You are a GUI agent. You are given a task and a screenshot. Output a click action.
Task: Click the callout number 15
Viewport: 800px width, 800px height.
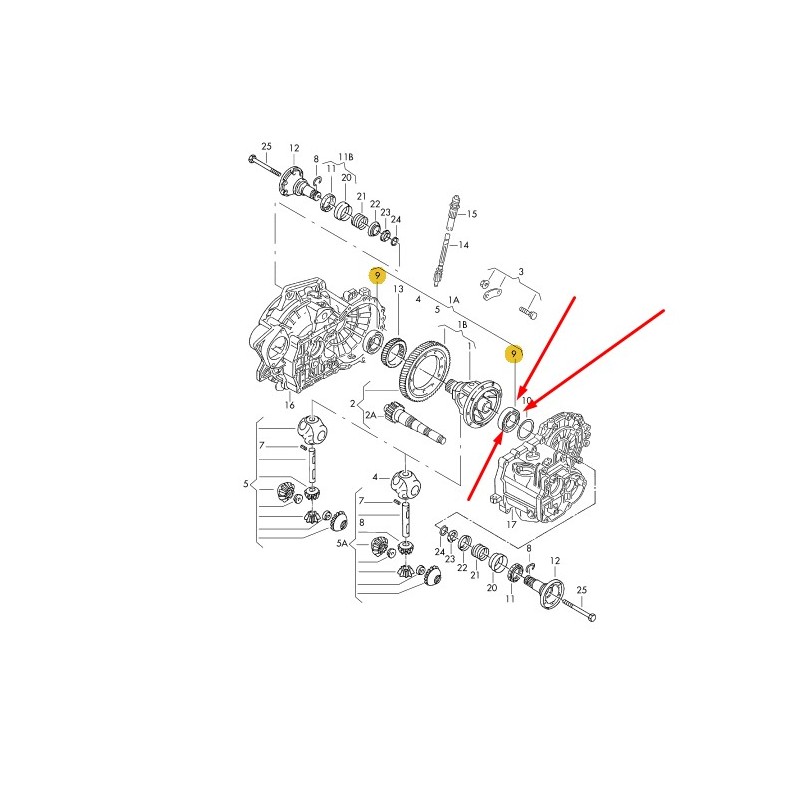471,214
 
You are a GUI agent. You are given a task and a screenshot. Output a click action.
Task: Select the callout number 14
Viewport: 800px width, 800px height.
463,245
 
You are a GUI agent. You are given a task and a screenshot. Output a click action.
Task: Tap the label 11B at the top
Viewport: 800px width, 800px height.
346,157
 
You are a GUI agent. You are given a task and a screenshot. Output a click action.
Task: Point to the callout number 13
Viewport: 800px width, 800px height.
398,289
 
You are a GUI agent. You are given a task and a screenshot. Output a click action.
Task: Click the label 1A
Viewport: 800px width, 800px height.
454,300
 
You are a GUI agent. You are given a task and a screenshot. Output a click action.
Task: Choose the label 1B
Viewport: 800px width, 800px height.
462,325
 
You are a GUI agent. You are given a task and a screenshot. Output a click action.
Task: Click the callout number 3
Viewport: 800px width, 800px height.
520,272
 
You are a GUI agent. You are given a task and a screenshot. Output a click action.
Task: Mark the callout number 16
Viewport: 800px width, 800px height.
290,405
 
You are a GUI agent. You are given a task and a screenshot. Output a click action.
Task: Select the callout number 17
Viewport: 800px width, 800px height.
511,524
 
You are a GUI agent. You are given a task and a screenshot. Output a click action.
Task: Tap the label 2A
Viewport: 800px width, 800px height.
370,415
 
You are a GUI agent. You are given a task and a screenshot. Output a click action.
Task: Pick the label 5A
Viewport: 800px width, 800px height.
342,544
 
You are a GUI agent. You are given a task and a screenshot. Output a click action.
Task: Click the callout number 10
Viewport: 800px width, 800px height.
527,401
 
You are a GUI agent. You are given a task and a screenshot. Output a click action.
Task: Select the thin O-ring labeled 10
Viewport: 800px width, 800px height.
526,429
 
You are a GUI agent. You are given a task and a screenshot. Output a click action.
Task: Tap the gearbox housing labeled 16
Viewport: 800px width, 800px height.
317,337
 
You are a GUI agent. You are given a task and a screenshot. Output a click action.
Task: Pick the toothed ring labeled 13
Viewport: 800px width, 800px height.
394,352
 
